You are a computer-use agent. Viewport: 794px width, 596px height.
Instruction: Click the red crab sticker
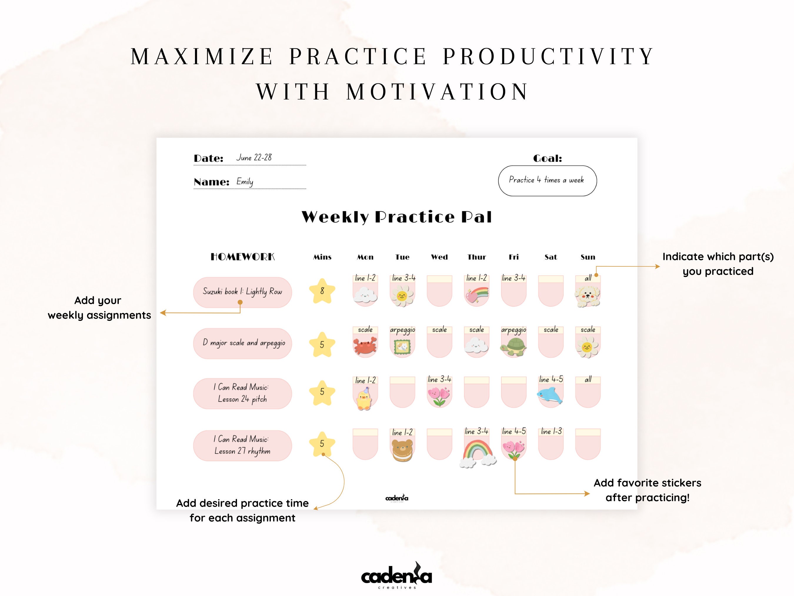click(365, 346)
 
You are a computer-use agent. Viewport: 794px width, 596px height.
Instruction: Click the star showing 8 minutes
click(322, 291)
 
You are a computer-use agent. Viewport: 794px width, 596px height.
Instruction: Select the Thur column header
click(476, 257)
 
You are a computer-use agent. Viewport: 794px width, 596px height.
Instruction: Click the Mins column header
click(322, 257)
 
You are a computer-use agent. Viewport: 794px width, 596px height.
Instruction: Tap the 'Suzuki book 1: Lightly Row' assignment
click(242, 291)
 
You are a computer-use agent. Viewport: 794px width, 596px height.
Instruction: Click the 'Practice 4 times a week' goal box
click(547, 180)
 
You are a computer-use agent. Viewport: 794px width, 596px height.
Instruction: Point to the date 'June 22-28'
click(254, 157)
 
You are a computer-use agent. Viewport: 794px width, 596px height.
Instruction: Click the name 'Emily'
click(245, 181)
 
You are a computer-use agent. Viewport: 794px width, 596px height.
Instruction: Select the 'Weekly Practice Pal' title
click(397, 217)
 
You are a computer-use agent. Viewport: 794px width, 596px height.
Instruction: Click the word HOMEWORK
click(242, 257)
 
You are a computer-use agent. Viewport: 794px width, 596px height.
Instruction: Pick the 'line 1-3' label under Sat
click(551, 431)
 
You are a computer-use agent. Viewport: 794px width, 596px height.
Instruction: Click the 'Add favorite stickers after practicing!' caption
click(647, 490)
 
